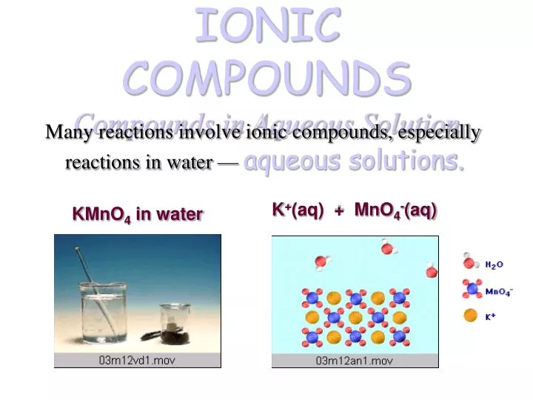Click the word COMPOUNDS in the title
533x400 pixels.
pyautogui.click(x=267, y=76)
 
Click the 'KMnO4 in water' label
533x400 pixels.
pyautogui.click(x=137, y=215)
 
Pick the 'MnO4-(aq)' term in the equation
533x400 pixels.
pyautogui.click(x=396, y=210)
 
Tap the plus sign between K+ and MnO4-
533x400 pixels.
pyautogui.click(x=339, y=211)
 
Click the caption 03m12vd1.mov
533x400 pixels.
pyautogui.click(x=138, y=361)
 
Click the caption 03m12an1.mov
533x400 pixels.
pyautogui.click(x=355, y=361)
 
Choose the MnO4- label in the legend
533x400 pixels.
pyautogui.click(x=499, y=291)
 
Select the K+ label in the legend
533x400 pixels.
pyautogui.click(x=490, y=316)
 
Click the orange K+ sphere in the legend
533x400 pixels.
pyautogui.click(x=470, y=316)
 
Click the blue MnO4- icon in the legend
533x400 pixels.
pyautogui.click(x=470, y=289)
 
